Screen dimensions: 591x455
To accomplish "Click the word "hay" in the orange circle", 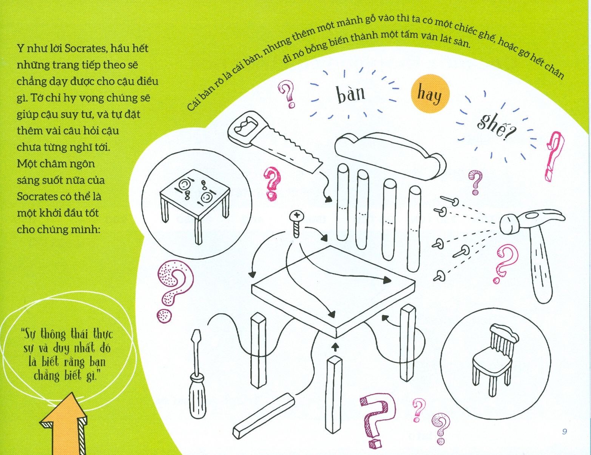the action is (429, 95).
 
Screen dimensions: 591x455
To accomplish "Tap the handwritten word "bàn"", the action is (351, 93).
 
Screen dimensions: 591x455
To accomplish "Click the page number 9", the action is (565, 431).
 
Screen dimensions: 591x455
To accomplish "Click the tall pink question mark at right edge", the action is (554, 157).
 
